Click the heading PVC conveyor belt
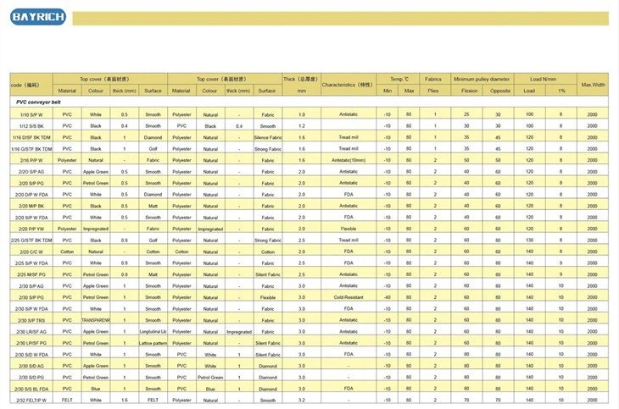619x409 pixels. pyautogui.click(x=38, y=102)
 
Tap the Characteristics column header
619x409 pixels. pyautogui.click(x=348, y=85)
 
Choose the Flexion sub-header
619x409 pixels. pyautogui.click(x=466, y=91)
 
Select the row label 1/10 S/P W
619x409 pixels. pyautogui.click(x=31, y=113)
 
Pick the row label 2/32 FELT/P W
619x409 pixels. pyautogui.click(x=31, y=400)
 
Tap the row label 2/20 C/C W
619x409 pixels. pyautogui.click(x=31, y=251)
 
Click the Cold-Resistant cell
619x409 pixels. pyautogui.click(x=348, y=297)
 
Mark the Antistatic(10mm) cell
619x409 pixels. pyautogui.click(x=348, y=160)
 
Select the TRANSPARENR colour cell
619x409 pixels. pyautogui.click(x=96, y=320)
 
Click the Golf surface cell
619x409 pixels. pyautogui.click(x=153, y=148)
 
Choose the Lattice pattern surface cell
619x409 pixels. pyautogui.click(x=153, y=343)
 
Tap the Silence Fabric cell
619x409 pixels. pyautogui.click(x=268, y=136)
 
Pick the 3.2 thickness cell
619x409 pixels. pyautogui.click(x=301, y=400)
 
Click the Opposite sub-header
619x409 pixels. pyautogui.click(x=500, y=91)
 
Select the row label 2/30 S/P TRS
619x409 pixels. pyautogui.click(x=31, y=320)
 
